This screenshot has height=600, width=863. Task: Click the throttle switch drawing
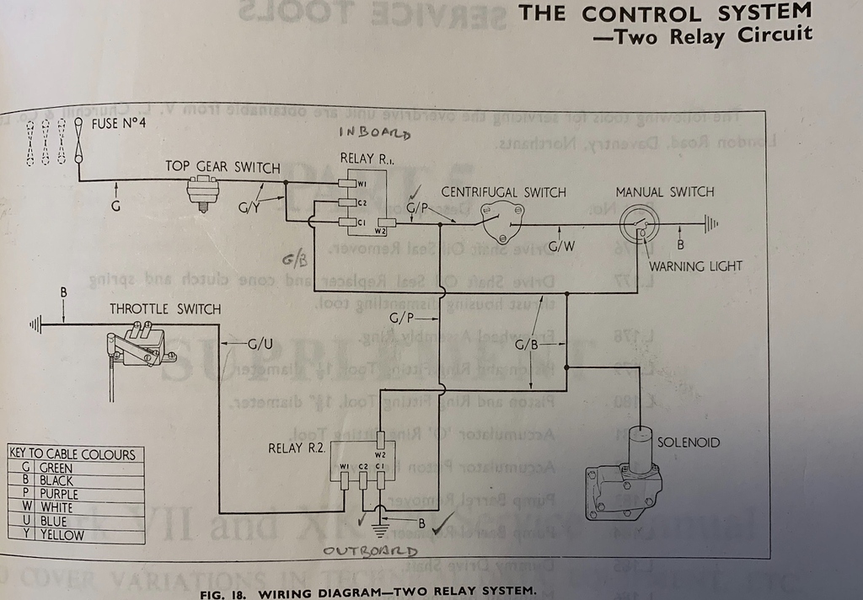(x=138, y=345)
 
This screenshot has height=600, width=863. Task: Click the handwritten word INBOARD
(x=374, y=133)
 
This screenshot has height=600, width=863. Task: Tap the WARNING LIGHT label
(x=695, y=266)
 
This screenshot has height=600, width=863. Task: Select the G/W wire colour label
(x=561, y=247)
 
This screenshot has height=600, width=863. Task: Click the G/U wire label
(x=260, y=344)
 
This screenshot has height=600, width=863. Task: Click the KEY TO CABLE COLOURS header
(x=72, y=453)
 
